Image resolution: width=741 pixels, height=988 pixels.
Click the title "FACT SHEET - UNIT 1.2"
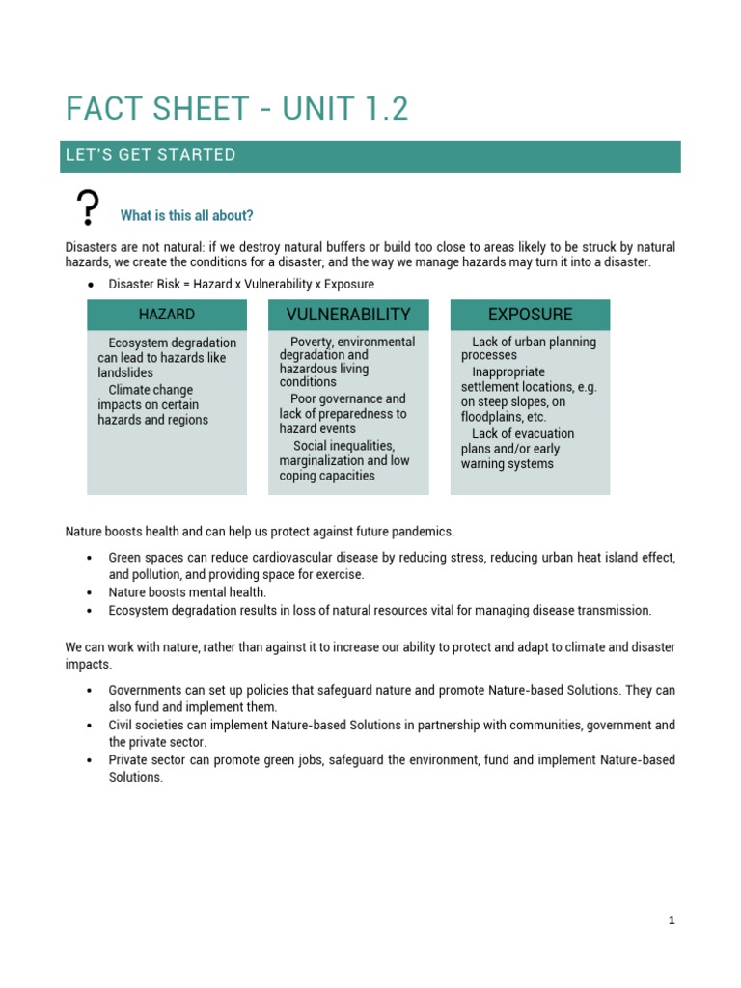[237, 109]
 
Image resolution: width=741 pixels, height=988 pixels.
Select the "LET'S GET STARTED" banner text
[150, 155]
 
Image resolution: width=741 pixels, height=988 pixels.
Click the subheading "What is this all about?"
[186, 215]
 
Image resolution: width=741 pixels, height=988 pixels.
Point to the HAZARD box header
[166, 315]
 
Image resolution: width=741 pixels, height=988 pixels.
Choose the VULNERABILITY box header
[348, 315]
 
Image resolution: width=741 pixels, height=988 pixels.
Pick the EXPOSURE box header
[530, 315]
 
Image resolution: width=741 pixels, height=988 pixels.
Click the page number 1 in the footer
[672, 920]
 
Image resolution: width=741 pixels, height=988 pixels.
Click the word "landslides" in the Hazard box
[125, 372]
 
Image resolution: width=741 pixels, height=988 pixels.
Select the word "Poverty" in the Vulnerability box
[312, 342]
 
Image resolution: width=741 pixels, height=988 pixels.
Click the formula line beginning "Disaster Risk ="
[241, 284]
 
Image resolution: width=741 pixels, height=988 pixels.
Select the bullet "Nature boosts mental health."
[187, 592]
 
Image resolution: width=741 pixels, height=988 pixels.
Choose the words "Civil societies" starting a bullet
[148, 725]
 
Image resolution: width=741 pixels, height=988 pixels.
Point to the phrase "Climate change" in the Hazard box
[151, 390]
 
